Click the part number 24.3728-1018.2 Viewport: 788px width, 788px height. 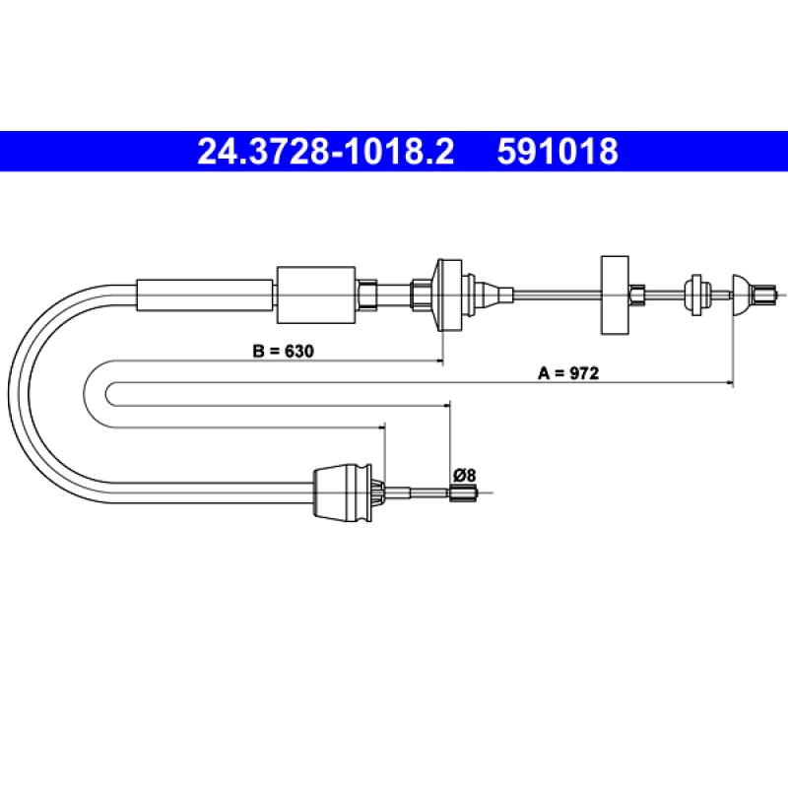326,152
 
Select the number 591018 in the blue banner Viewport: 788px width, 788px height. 558,152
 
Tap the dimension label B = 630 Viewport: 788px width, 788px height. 283,351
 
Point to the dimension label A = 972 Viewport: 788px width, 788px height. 568,373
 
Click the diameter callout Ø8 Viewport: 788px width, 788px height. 464,475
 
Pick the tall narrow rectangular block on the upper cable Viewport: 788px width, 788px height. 615,295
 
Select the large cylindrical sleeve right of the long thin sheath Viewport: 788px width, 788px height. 316,295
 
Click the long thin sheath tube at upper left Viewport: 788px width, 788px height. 205,295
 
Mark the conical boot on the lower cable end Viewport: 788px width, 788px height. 342,492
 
